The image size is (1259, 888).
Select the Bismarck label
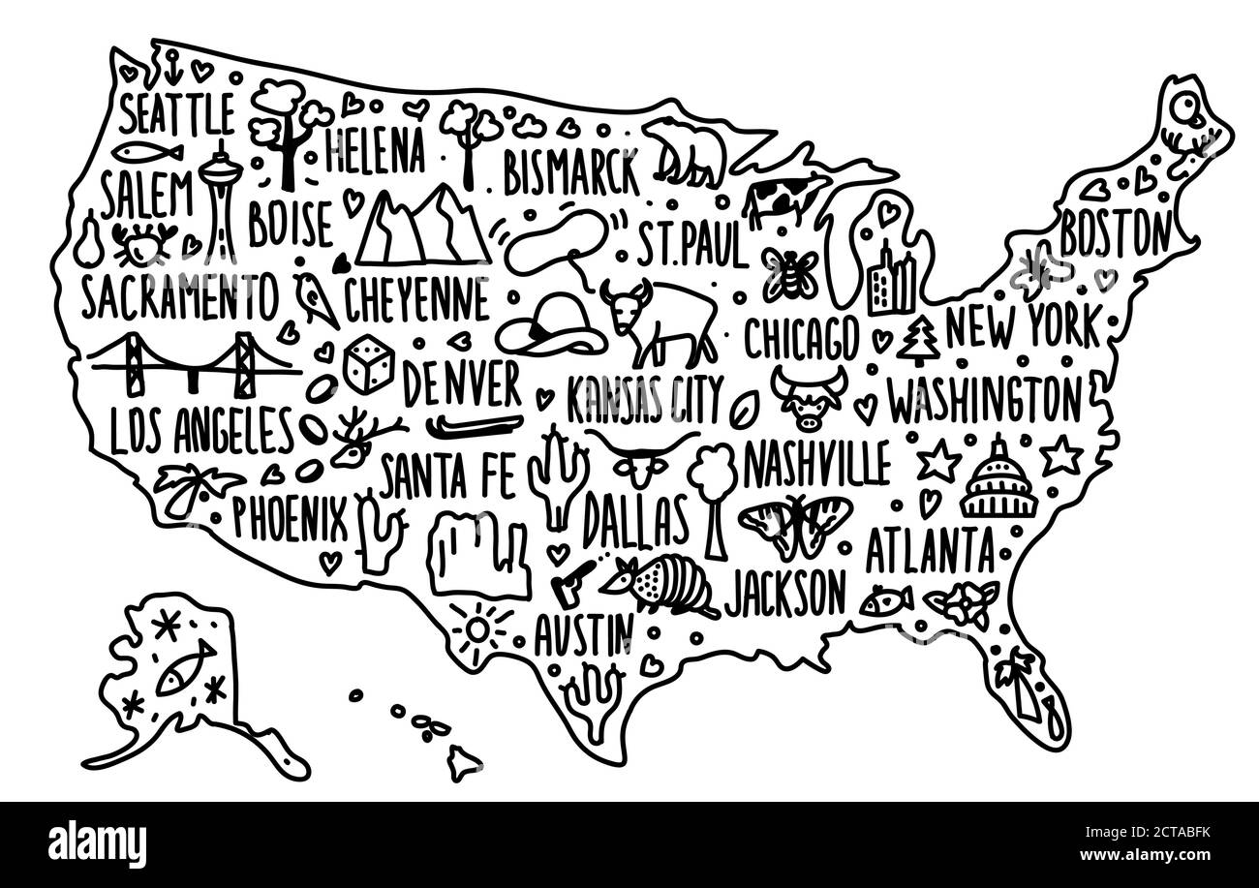click(x=572, y=172)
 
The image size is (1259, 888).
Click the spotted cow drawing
click(x=784, y=199)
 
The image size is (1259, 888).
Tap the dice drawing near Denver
click(x=369, y=364)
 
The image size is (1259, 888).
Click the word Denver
click(x=462, y=385)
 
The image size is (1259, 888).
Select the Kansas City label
click(x=644, y=400)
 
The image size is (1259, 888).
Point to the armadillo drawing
click(x=660, y=584)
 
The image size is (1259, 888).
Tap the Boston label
click(x=1115, y=232)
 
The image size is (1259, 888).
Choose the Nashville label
click(x=816, y=465)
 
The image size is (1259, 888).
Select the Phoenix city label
click(x=289, y=518)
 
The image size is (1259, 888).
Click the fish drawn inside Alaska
click(x=184, y=668)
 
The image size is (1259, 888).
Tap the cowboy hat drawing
click(x=550, y=325)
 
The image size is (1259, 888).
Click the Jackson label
click(x=784, y=590)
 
